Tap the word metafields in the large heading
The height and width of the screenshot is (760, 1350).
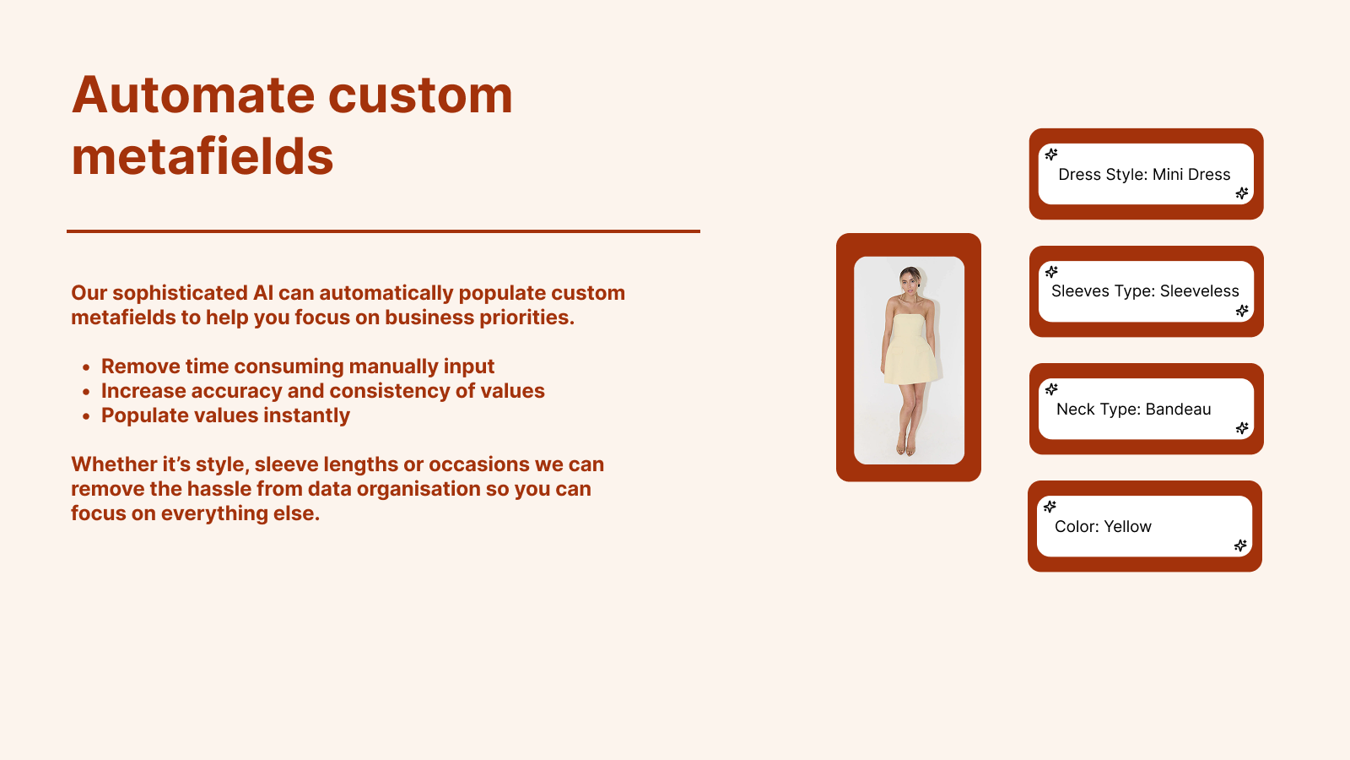coord(202,156)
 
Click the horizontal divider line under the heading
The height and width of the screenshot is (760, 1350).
coord(383,231)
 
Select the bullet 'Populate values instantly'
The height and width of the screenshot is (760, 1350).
coord(225,415)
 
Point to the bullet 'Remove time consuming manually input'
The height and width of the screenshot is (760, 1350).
coord(298,366)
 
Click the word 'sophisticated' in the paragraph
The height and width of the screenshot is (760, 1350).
coord(180,293)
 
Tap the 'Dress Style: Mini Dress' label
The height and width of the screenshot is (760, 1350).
coord(1144,174)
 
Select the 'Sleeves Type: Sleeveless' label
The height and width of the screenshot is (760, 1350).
coord(1145,291)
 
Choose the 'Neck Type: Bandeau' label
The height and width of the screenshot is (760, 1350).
coord(1134,409)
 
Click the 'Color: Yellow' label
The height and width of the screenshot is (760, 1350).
coord(1103,527)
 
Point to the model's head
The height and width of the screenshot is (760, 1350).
coord(910,280)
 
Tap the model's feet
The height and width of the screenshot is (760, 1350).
coord(905,448)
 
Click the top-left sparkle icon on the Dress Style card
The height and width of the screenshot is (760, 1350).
coord(1051,155)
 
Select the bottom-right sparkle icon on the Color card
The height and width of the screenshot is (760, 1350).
coord(1240,546)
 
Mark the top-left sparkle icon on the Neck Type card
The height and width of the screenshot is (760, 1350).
coord(1051,389)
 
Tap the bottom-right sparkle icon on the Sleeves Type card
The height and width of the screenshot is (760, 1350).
coord(1242,311)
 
